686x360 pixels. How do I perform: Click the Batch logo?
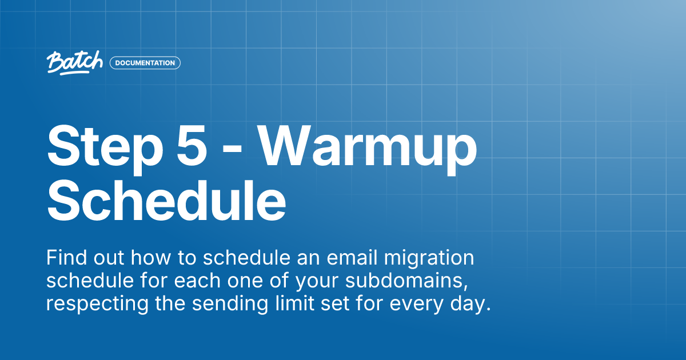coord(74,62)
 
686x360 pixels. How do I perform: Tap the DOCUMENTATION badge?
coord(145,63)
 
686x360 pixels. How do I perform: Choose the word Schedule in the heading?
coord(166,201)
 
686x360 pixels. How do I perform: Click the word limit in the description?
coord(288,303)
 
